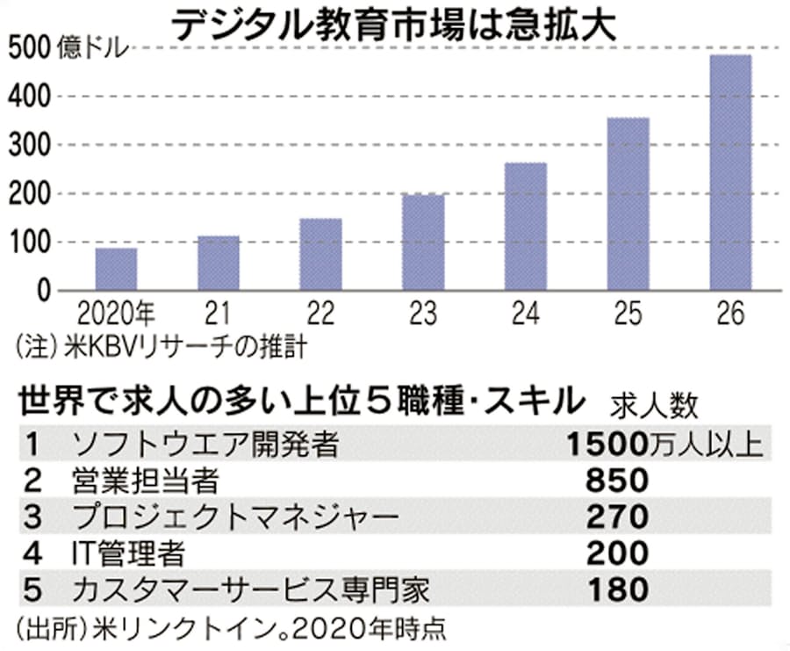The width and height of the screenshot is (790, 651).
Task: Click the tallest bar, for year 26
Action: (x=729, y=173)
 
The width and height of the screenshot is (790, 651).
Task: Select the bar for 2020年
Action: (x=116, y=269)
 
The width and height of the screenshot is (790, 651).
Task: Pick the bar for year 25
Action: (x=628, y=204)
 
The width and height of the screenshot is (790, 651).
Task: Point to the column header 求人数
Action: (x=657, y=405)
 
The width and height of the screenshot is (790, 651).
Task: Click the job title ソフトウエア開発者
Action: (x=206, y=445)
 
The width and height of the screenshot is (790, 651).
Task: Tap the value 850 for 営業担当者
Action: (x=617, y=481)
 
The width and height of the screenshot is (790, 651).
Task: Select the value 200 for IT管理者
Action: (x=617, y=553)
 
